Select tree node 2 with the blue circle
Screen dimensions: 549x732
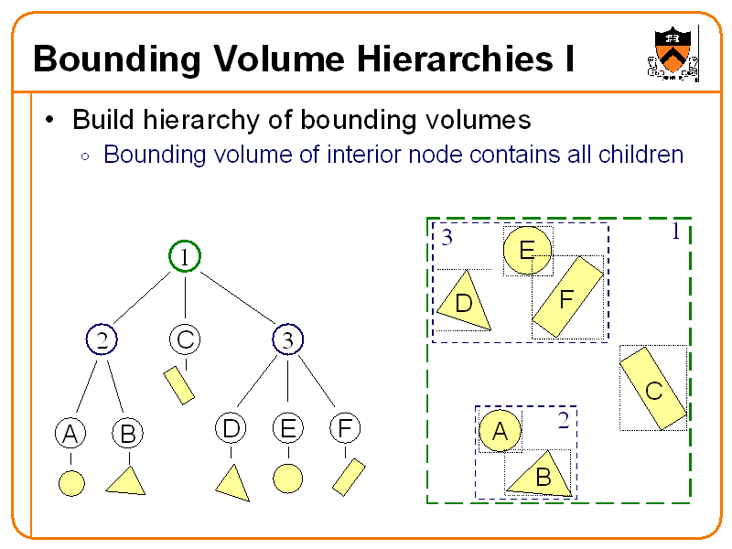point(102,340)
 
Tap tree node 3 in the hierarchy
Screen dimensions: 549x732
point(287,340)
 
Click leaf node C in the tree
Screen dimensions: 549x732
point(185,340)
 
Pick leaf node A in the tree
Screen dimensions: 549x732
point(69,434)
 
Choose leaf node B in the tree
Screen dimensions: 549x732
point(126,434)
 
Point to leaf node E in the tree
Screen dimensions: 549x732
point(287,428)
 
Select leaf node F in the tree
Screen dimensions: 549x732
point(345,428)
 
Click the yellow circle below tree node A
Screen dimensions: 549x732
point(70,482)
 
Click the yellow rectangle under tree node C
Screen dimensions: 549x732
point(178,385)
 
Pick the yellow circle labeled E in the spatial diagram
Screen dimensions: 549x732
point(528,251)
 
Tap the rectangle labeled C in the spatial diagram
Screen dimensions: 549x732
point(653,388)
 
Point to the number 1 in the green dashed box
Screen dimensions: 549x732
point(675,232)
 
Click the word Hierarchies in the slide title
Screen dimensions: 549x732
point(454,59)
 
